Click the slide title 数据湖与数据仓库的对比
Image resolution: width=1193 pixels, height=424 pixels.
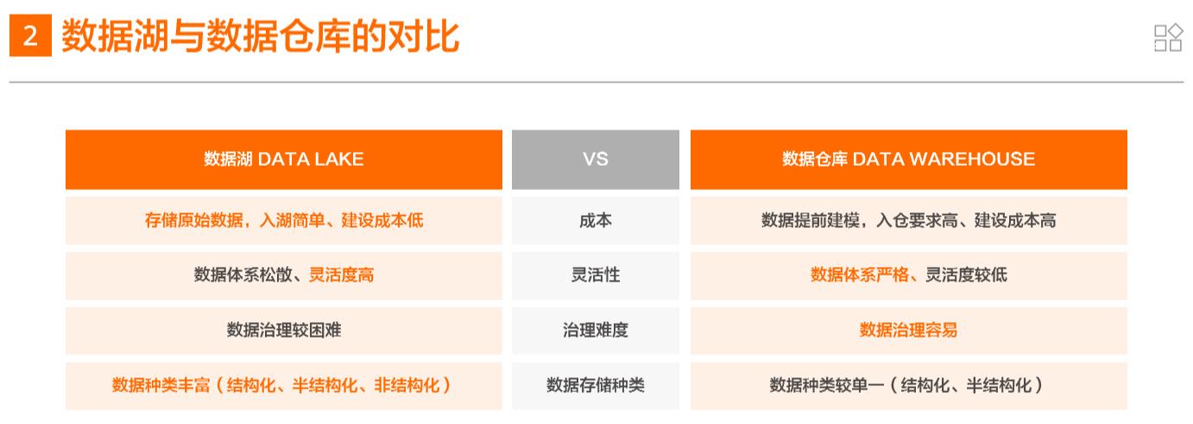tap(260, 38)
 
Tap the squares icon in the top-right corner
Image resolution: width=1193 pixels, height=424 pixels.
tap(1167, 38)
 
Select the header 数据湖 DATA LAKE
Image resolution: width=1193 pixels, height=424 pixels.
tap(283, 159)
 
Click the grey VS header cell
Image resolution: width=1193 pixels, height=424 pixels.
tap(595, 159)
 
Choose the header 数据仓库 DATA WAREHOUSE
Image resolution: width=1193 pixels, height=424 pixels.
tap(908, 159)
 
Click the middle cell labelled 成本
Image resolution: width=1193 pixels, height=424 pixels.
tap(595, 220)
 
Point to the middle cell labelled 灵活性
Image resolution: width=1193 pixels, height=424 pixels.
tap(595, 275)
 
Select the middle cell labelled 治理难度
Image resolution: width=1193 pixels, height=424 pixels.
tap(595, 330)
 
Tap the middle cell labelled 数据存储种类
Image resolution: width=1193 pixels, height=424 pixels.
tap(595, 385)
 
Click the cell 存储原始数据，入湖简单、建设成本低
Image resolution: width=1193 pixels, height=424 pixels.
tap(283, 220)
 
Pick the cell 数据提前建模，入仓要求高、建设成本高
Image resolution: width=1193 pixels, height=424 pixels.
tap(908, 220)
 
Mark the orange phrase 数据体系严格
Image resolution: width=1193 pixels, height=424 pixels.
tap(860, 275)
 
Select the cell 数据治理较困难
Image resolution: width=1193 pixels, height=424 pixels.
tap(283, 330)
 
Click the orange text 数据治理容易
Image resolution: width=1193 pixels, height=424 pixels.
tap(908, 330)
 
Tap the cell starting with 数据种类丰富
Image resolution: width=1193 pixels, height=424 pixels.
tap(283, 385)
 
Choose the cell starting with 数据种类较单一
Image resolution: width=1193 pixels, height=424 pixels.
tap(908, 385)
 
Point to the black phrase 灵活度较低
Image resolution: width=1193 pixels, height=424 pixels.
tap(966, 275)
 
